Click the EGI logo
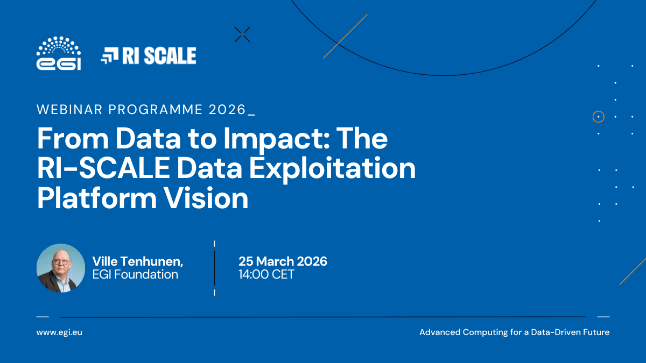tap(59, 53)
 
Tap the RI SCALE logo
tap(149, 55)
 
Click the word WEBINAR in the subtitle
tap(69, 110)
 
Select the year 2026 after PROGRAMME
tap(227, 110)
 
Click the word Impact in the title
tap(276, 139)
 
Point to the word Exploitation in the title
tap(332, 169)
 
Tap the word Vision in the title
tap(206, 198)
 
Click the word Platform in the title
tap(97, 198)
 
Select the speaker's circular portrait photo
tap(61, 268)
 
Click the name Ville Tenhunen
tap(138, 261)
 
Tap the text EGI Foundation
tap(135, 274)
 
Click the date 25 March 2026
tap(283, 261)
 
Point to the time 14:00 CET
tap(266, 274)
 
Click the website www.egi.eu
tap(59, 332)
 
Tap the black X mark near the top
tap(242, 34)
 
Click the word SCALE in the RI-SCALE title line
tap(124, 168)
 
